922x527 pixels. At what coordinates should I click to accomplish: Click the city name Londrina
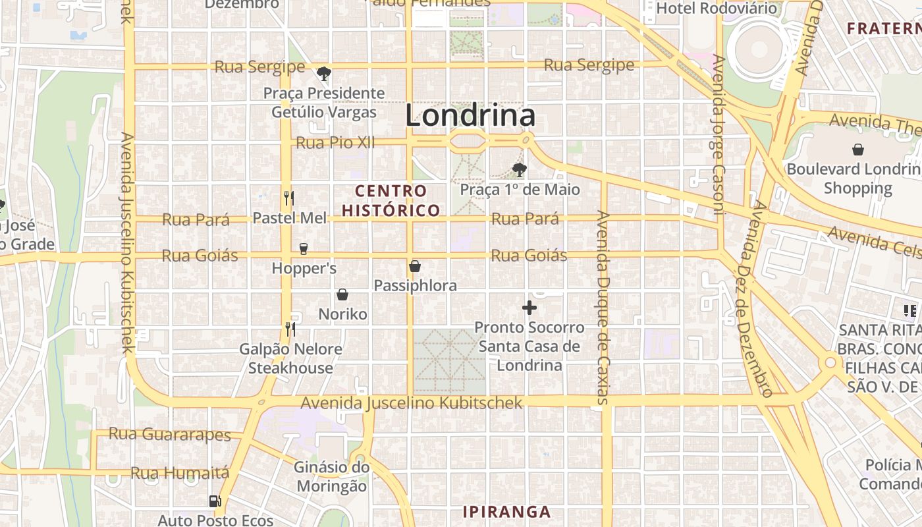tap(470, 116)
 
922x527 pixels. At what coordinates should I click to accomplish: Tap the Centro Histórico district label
tap(391, 201)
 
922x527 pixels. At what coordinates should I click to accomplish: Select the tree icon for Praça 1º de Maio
tap(520, 170)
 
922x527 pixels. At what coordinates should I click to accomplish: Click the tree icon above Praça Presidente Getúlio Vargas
tap(323, 73)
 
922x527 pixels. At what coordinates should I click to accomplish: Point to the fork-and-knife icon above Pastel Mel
tap(288, 198)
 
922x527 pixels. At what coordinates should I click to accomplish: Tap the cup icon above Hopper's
tap(304, 248)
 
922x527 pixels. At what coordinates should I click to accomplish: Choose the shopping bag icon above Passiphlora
tap(415, 266)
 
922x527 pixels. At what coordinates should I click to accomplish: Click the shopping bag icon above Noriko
tap(342, 294)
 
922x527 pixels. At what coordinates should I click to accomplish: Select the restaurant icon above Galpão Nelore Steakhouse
tap(290, 329)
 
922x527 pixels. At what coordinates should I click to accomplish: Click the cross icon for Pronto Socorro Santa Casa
tap(529, 308)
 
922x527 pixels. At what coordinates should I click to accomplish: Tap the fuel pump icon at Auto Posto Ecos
tap(215, 501)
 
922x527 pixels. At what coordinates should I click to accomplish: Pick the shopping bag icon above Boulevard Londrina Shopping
tap(858, 150)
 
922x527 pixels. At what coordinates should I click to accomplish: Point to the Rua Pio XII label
tap(335, 142)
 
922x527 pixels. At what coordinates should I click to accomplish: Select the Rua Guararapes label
tap(169, 434)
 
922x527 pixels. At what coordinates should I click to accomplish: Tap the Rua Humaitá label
tap(180, 473)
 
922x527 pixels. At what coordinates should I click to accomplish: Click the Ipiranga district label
tap(506, 512)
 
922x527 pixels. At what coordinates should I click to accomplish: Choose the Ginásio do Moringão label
tap(331, 476)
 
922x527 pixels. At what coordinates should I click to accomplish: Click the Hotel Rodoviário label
tap(717, 9)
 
